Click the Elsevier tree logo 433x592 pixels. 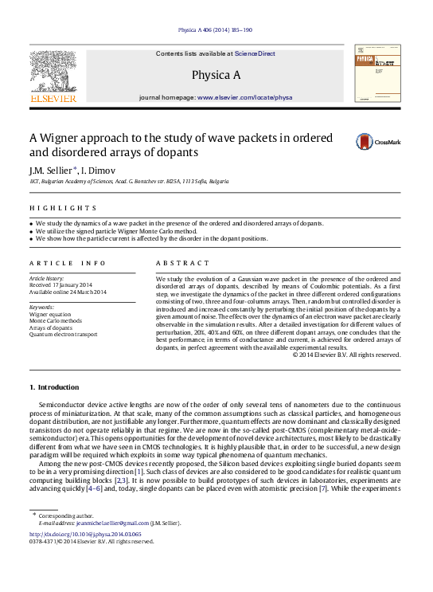click(x=53, y=73)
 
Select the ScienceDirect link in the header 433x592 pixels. click(x=255, y=53)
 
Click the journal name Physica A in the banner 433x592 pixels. click(x=216, y=75)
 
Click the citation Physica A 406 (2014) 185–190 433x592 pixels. click(x=216, y=29)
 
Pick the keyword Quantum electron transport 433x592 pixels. click(x=63, y=335)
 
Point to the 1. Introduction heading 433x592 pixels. click(x=54, y=387)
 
